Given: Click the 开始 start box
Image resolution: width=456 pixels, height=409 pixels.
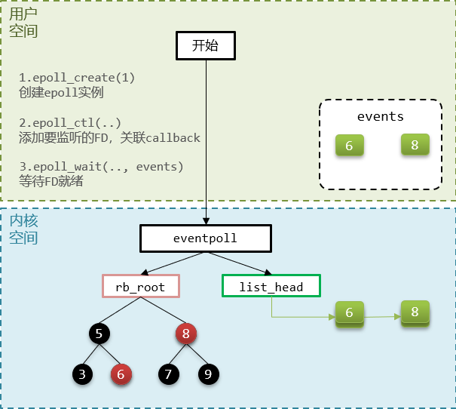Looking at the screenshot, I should coord(205,46).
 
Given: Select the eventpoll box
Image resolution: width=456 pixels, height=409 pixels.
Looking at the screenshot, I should coord(205,238).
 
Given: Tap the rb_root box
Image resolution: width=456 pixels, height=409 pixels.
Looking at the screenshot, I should coord(140,287).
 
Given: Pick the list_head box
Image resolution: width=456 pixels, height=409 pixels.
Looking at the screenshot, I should coord(271,287).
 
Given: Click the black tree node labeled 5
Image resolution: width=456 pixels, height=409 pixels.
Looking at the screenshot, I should coord(99,333).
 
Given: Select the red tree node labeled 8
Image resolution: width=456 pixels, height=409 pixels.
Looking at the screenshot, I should coord(185,333).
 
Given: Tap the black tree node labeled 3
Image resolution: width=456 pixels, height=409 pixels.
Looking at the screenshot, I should coord(82,372).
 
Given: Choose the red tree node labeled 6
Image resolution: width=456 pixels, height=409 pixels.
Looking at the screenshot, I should coord(121,372).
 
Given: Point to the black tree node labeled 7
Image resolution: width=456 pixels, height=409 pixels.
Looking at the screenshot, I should coord(169,372).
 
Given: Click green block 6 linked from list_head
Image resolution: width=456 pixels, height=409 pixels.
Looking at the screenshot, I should coord(349,313).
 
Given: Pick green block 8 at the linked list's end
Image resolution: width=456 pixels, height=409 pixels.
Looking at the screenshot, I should coord(415,312).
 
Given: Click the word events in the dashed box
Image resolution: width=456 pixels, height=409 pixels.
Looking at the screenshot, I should coord(381,117).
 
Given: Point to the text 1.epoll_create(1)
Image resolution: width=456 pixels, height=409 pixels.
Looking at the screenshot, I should coord(77,78).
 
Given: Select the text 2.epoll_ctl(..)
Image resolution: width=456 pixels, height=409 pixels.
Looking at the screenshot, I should coord(70,122).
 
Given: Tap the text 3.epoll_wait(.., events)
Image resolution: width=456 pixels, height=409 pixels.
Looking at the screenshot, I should coord(101,166).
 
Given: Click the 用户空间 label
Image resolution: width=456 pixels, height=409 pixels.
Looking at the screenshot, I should coord(23,23).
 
